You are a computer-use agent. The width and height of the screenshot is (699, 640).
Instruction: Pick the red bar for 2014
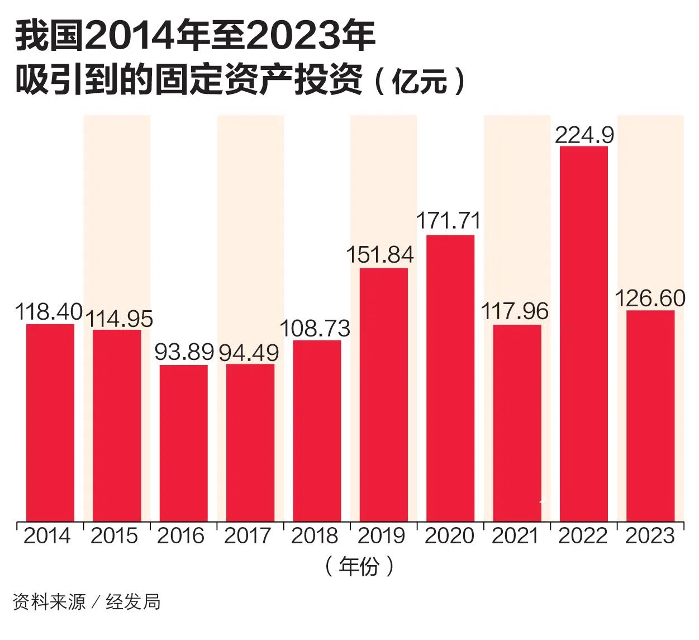(50, 423)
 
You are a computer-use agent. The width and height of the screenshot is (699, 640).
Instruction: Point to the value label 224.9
(584, 135)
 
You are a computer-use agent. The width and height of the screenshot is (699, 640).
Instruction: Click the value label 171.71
(449, 221)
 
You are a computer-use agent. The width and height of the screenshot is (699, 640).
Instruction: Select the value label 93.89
(184, 352)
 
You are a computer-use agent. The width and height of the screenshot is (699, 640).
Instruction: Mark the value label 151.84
(380, 255)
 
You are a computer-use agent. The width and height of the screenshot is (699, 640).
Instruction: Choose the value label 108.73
(315, 328)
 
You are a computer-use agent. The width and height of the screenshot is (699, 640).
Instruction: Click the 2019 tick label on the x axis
(381, 536)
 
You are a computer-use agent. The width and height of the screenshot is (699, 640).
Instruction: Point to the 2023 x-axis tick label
(650, 536)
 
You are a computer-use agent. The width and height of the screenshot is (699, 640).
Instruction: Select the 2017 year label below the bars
(248, 536)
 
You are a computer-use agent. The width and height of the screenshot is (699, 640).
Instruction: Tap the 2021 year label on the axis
(515, 536)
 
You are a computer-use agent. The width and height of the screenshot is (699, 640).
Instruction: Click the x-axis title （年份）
(359, 566)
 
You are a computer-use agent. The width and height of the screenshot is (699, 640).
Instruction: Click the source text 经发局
(133, 602)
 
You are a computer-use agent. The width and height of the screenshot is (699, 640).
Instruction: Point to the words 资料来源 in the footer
(49, 602)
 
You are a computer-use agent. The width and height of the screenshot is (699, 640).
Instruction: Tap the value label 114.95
(119, 319)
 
